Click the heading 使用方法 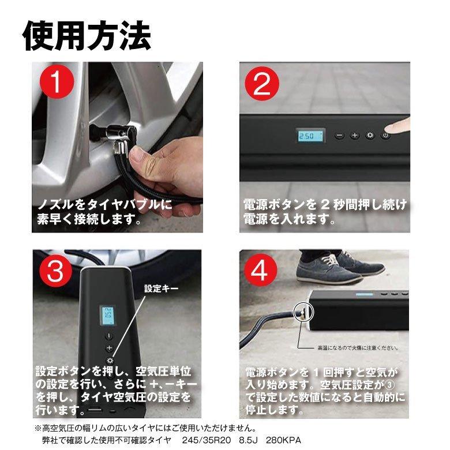point(87,36)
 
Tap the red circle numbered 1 point(57,82)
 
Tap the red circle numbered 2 point(262,84)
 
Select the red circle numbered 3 point(56,271)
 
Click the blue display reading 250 point(310,136)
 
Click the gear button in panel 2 point(370,135)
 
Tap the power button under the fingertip point(385,135)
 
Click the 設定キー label point(161,288)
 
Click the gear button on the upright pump point(110,361)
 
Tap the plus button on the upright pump point(109,348)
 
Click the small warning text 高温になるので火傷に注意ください point(358,348)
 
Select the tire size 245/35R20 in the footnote point(207,440)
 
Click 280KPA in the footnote point(283,440)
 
